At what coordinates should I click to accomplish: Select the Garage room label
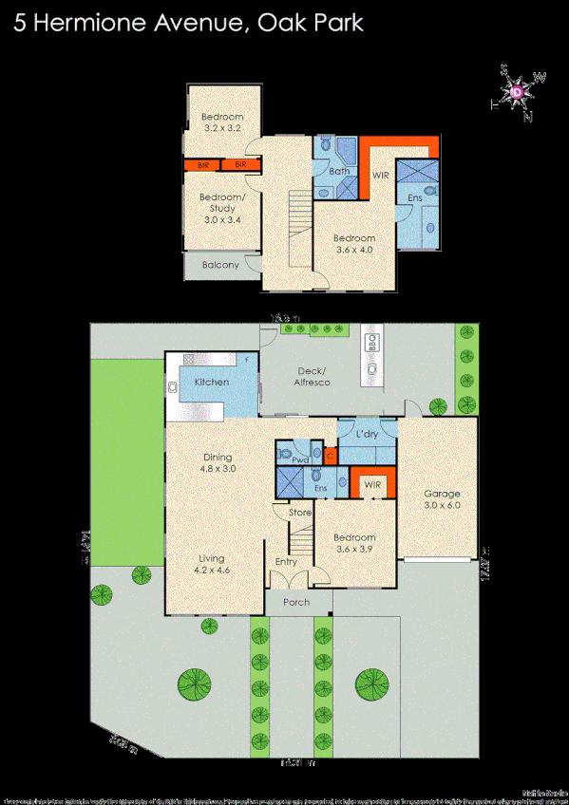tap(442, 499)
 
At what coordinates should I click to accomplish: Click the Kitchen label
tap(212, 382)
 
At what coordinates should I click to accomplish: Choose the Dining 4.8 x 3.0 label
tap(217, 462)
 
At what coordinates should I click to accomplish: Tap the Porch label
tap(295, 602)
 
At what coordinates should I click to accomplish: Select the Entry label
tap(286, 562)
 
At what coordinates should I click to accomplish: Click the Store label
tap(300, 514)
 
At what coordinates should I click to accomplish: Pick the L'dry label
tap(368, 434)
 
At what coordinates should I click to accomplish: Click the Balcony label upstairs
tap(220, 265)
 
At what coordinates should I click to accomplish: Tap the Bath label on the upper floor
tap(339, 172)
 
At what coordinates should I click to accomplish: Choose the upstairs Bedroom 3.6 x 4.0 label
tap(353, 244)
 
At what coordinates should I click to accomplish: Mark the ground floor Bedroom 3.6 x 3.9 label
tap(354, 544)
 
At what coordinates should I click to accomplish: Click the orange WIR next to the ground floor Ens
tap(371, 484)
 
